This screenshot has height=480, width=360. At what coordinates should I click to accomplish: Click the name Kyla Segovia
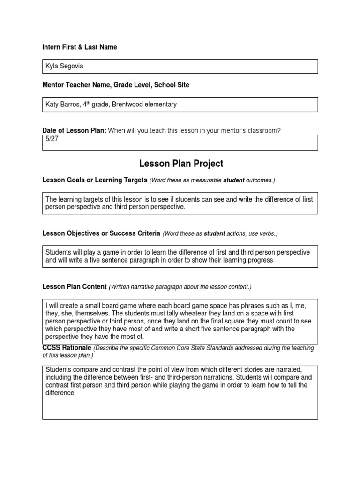pos(64,66)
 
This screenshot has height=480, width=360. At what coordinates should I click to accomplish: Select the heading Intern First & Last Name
pos(80,47)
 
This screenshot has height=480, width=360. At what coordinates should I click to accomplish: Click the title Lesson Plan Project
pos(181,164)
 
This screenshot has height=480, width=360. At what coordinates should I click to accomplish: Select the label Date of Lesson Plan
pos(74,131)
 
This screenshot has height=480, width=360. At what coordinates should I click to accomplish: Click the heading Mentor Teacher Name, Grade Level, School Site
pos(116,85)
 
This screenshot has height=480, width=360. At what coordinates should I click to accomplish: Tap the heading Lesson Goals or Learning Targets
pos(95,180)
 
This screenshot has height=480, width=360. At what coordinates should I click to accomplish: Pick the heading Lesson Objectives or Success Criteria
pos(101,233)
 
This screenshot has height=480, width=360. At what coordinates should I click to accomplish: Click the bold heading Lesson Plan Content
pos(75,287)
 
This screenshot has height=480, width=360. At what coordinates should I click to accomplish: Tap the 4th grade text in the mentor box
pos(98,105)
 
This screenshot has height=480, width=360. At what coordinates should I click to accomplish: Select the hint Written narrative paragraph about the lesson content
pos(180,287)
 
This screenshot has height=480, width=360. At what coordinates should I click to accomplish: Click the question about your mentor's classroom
pos(195,131)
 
